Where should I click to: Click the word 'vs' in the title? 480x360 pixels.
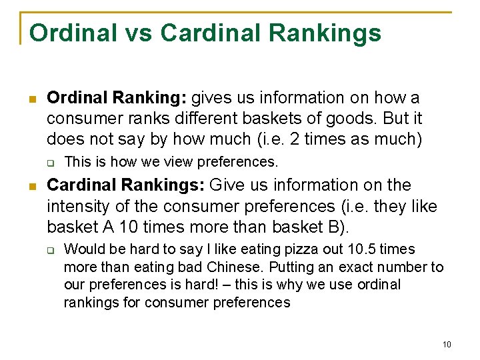tap(135, 33)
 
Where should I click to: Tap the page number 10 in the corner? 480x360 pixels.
tap(446, 345)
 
